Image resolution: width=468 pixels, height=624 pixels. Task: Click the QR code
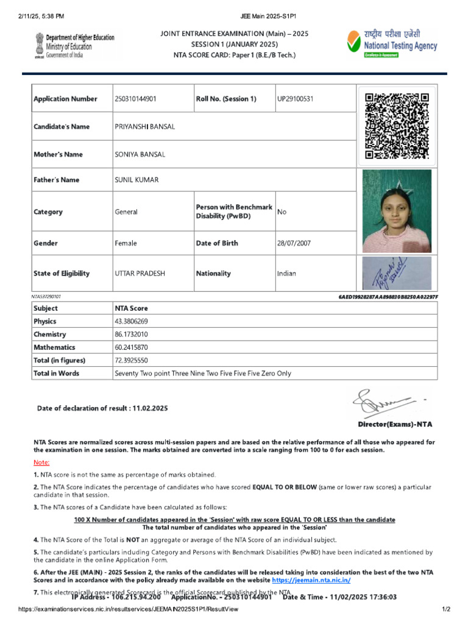pyautogui.click(x=396, y=126)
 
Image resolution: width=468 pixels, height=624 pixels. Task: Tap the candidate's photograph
pyautogui.click(x=397, y=211)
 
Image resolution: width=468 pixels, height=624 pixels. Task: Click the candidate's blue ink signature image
pyautogui.click(x=397, y=274)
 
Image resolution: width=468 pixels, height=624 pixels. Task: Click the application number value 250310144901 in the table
pyautogui.click(x=135, y=99)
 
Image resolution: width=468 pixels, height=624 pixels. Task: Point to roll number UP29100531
pyautogui.click(x=296, y=99)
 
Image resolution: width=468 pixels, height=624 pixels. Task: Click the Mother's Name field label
pyautogui.click(x=58, y=154)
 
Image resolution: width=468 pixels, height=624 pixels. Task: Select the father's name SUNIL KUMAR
pyautogui.click(x=136, y=180)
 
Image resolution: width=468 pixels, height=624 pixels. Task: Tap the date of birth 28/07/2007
pyautogui.click(x=294, y=243)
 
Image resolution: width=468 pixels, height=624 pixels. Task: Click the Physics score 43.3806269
pyautogui.click(x=131, y=321)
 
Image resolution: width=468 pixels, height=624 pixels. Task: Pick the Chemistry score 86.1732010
pyautogui.click(x=131, y=334)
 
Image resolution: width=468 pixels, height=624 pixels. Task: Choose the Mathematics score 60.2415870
pyautogui.click(x=131, y=347)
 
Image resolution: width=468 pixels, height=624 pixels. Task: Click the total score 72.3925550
pyautogui.click(x=131, y=360)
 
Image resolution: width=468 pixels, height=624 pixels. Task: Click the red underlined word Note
pyautogui.click(x=41, y=463)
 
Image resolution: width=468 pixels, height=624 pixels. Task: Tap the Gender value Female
pyautogui.click(x=126, y=243)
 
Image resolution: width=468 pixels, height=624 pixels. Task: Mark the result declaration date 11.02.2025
pyautogui.click(x=149, y=408)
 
